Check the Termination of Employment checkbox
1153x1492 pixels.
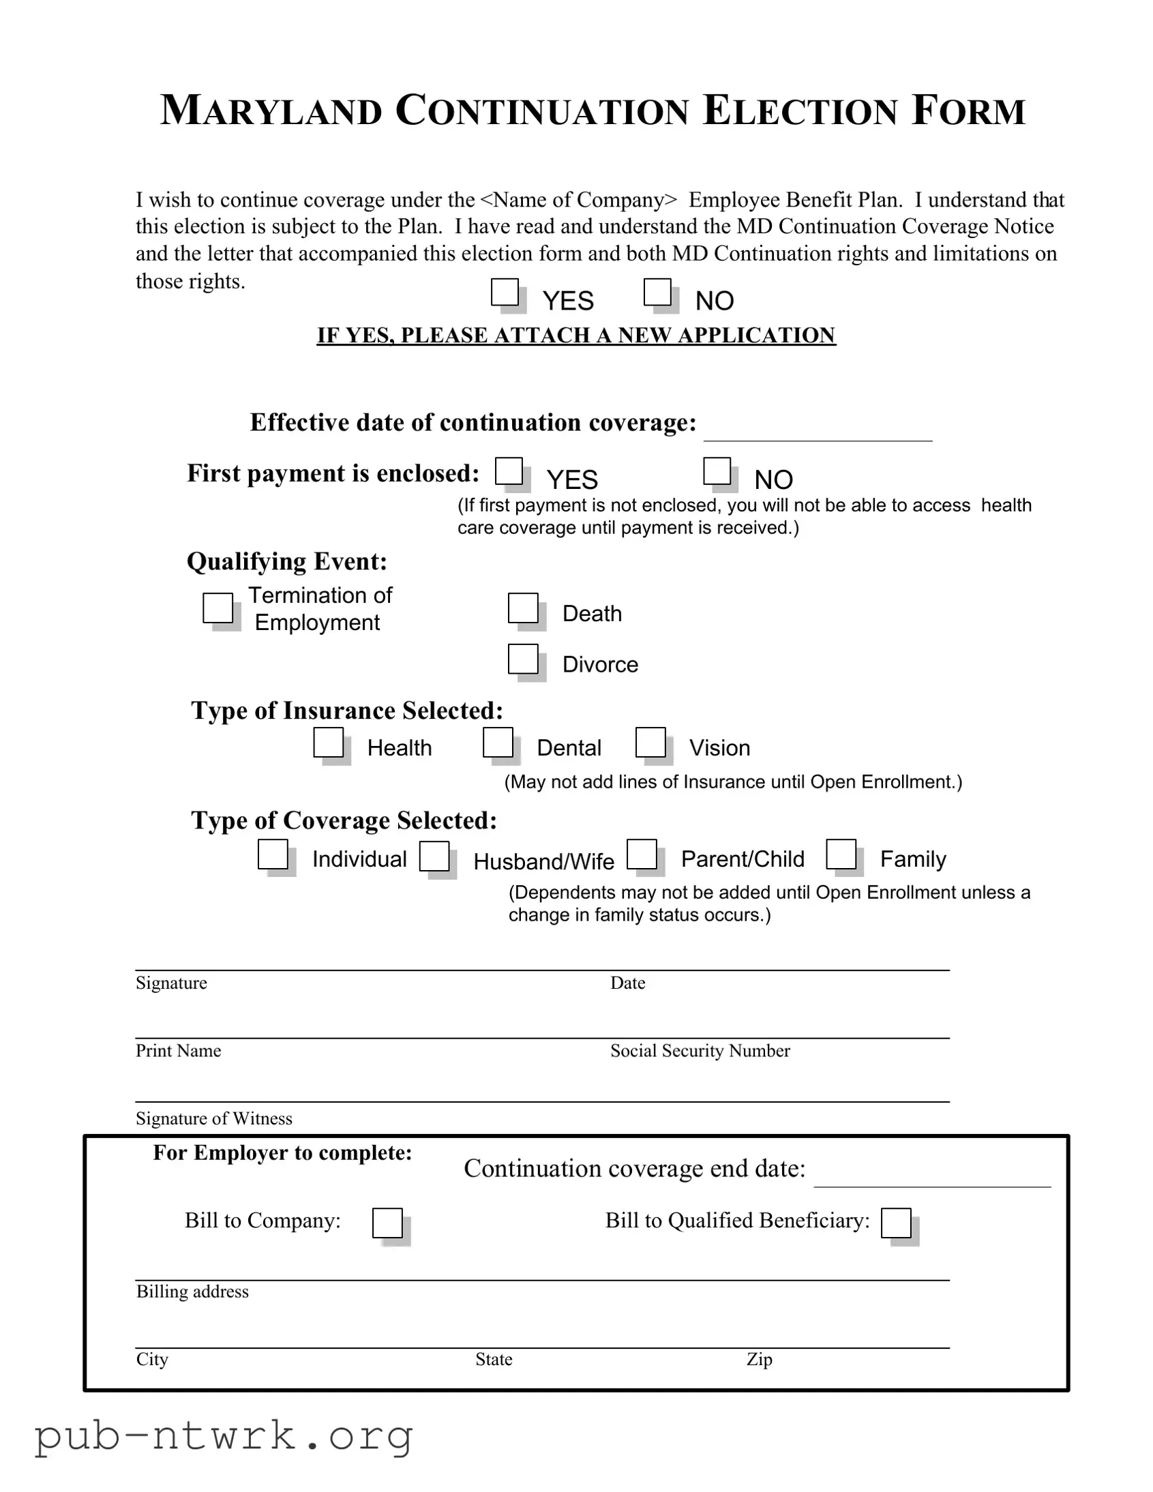coord(218,608)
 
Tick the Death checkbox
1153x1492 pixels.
coord(523,608)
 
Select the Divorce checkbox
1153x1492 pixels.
coord(523,659)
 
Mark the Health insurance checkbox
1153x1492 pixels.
coord(329,742)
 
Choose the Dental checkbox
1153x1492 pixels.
coord(498,742)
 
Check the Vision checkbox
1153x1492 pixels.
coord(650,742)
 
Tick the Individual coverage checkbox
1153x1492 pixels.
coord(273,854)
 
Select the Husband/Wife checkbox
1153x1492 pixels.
coord(434,856)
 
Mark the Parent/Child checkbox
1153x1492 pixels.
coord(642,854)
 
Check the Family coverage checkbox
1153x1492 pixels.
coord(841,854)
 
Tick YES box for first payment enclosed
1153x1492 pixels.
coord(509,471)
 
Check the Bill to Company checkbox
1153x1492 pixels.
coord(387,1223)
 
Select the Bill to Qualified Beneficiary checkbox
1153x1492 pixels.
coord(896,1223)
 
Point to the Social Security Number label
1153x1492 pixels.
coord(700,1051)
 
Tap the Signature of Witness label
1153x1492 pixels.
coord(214,1118)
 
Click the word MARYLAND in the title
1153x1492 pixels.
coord(271,110)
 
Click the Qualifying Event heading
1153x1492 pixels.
coord(287,562)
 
